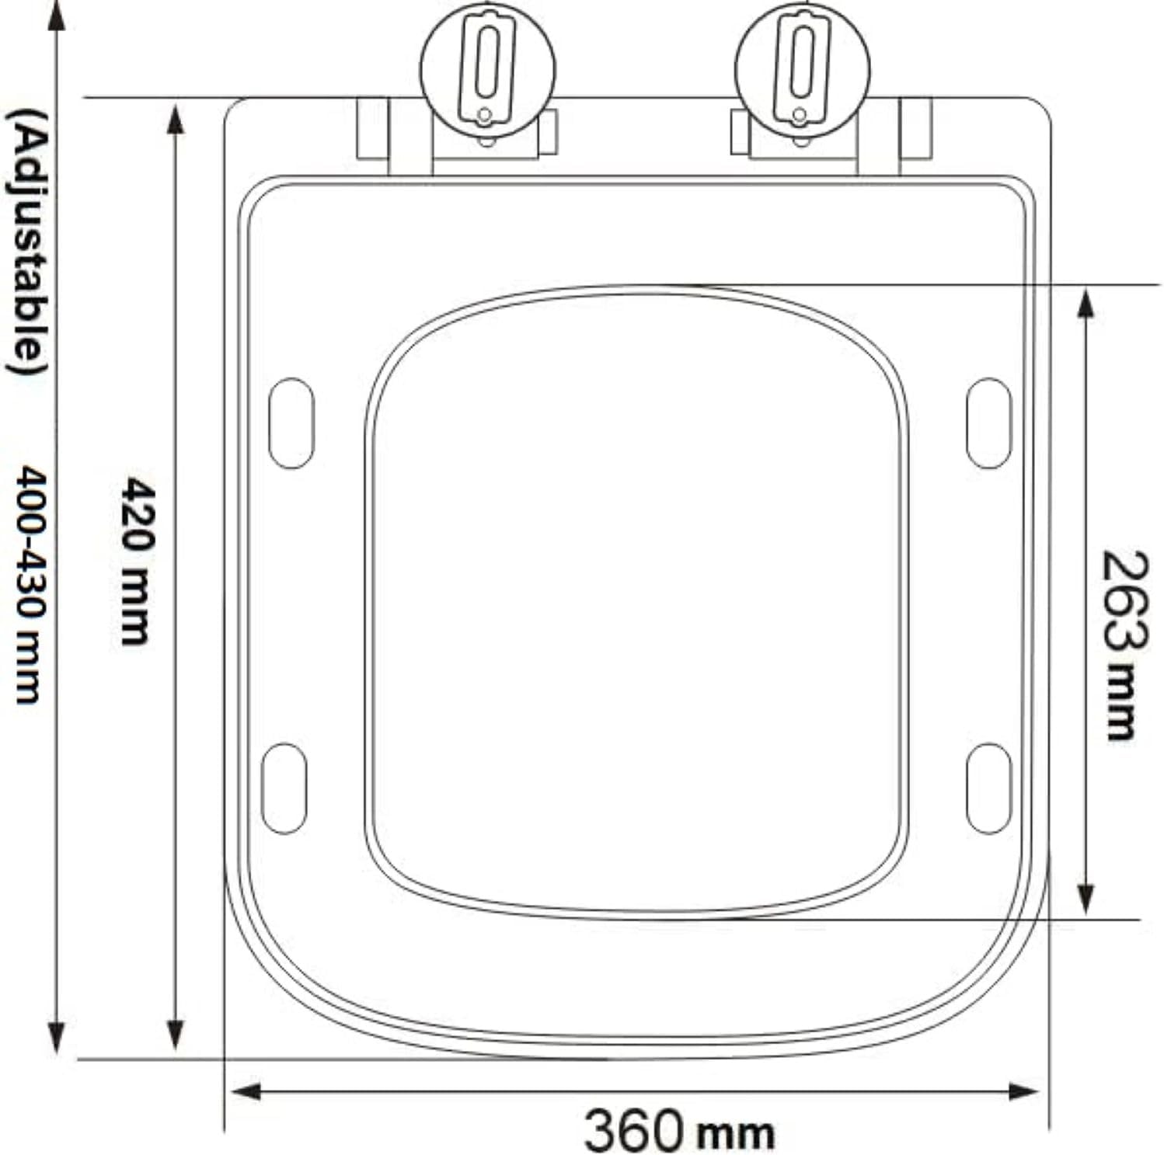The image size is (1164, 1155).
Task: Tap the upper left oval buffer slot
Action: point(291,423)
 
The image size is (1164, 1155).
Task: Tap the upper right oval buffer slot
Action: point(988,423)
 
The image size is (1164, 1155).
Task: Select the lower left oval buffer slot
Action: point(284,788)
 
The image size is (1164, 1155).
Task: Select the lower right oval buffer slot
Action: point(988,788)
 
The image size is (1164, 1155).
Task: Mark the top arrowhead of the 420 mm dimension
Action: point(176,120)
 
